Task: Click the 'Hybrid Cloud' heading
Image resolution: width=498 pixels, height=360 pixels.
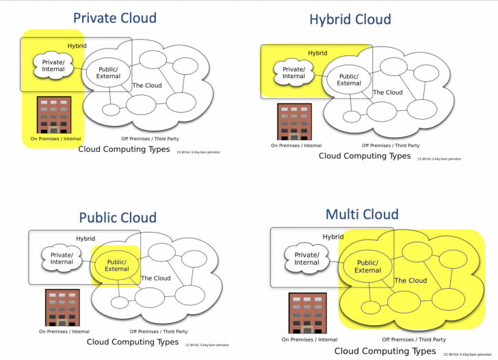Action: pyautogui.click(x=350, y=19)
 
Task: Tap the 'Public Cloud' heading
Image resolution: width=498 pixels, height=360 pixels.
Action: pyautogui.click(x=117, y=218)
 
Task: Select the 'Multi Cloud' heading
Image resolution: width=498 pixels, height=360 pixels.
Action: pyautogui.click(x=361, y=215)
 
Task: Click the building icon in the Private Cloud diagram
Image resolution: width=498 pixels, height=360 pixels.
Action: pyautogui.click(x=54, y=114)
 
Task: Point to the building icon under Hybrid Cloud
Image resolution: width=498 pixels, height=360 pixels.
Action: pyautogui.click(x=294, y=121)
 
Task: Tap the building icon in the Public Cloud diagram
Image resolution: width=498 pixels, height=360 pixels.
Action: pyautogui.click(x=63, y=307)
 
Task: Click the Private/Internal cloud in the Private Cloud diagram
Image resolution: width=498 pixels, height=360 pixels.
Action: pyautogui.click(x=53, y=66)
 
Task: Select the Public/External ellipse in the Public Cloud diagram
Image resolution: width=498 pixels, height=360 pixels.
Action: pyautogui.click(x=117, y=265)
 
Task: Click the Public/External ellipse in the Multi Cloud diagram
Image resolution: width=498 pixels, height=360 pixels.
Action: pyautogui.click(x=367, y=266)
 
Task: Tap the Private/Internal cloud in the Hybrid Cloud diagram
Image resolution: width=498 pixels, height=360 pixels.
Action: pyautogui.click(x=293, y=72)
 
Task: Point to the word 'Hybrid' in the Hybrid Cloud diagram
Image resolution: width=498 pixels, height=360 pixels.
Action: pyautogui.click(x=317, y=53)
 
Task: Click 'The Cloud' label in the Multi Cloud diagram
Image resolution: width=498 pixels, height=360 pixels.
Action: pyautogui.click(x=410, y=281)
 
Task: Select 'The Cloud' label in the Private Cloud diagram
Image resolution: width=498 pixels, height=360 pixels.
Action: pyautogui.click(x=146, y=86)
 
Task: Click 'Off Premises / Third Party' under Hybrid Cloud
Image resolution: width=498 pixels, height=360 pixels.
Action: pyautogui.click(x=391, y=145)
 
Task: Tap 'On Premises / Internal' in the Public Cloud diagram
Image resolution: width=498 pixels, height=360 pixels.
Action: pyautogui.click(x=64, y=331)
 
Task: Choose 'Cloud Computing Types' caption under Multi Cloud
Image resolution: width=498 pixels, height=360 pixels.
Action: pyautogui.click(x=384, y=351)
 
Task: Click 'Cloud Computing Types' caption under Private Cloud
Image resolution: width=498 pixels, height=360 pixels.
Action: pyautogui.click(x=124, y=149)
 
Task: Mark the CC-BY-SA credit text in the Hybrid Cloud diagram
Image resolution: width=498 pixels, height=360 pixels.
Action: pyautogui.click(x=439, y=159)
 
